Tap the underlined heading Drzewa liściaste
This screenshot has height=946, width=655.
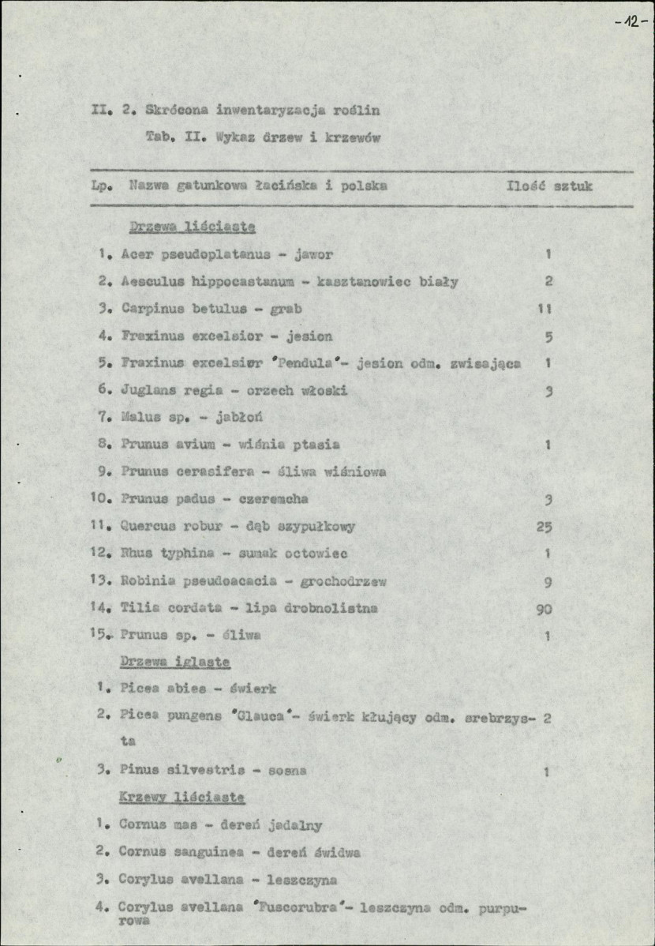[x=192, y=227]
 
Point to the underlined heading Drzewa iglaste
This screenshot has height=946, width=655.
[x=174, y=661]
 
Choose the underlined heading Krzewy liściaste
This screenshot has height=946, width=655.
[x=182, y=798]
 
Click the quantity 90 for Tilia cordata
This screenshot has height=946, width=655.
[x=543, y=609]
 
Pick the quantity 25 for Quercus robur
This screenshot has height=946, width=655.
[x=543, y=527]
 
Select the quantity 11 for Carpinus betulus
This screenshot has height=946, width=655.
[x=544, y=309]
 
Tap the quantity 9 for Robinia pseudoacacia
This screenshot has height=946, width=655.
[x=547, y=581]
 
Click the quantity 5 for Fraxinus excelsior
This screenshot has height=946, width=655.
[x=548, y=336]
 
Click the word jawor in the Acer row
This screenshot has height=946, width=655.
[x=313, y=255]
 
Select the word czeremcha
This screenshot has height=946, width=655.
[x=275, y=499]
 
